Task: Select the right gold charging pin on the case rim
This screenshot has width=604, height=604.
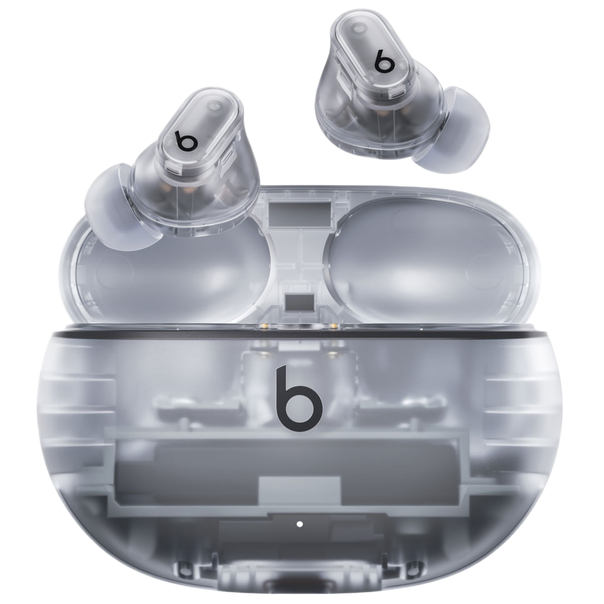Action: tap(334, 326)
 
